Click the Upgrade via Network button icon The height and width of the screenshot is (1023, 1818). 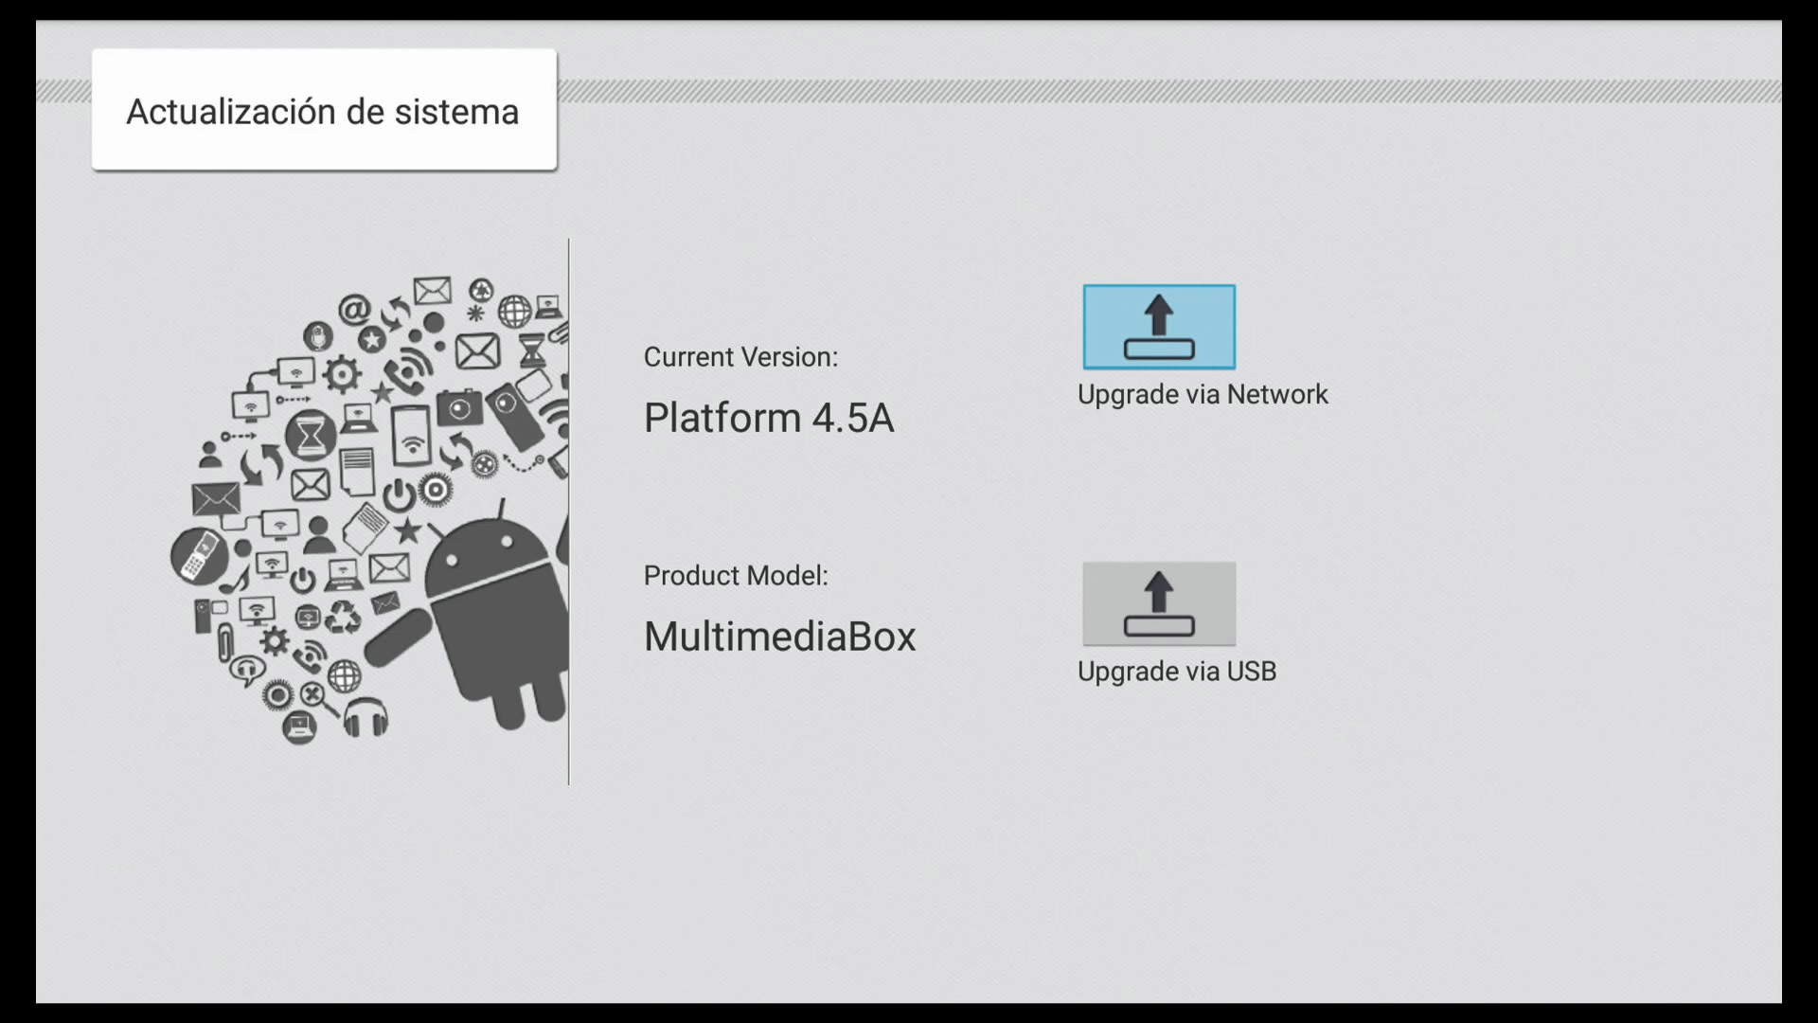click(x=1159, y=327)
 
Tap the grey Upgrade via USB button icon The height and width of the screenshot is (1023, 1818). click(x=1159, y=603)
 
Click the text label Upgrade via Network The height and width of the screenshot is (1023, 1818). click(x=1203, y=394)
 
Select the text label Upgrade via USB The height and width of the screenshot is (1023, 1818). click(x=1177, y=671)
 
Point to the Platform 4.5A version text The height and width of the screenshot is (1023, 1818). click(x=768, y=418)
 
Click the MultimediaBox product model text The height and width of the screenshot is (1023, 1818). click(x=779, y=637)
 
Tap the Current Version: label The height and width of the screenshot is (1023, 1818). click(x=740, y=357)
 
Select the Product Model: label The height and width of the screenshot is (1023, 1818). click(x=736, y=575)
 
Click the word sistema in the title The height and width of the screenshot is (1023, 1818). click(x=456, y=112)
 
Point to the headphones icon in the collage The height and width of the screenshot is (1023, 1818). click(x=365, y=717)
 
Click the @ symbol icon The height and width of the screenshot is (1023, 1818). click(x=354, y=309)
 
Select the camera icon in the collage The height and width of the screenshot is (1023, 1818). click(x=459, y=408)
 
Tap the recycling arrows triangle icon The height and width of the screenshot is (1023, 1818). click(x=343, y=617)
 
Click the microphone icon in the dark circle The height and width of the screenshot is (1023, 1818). click(x=318, y=335)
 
